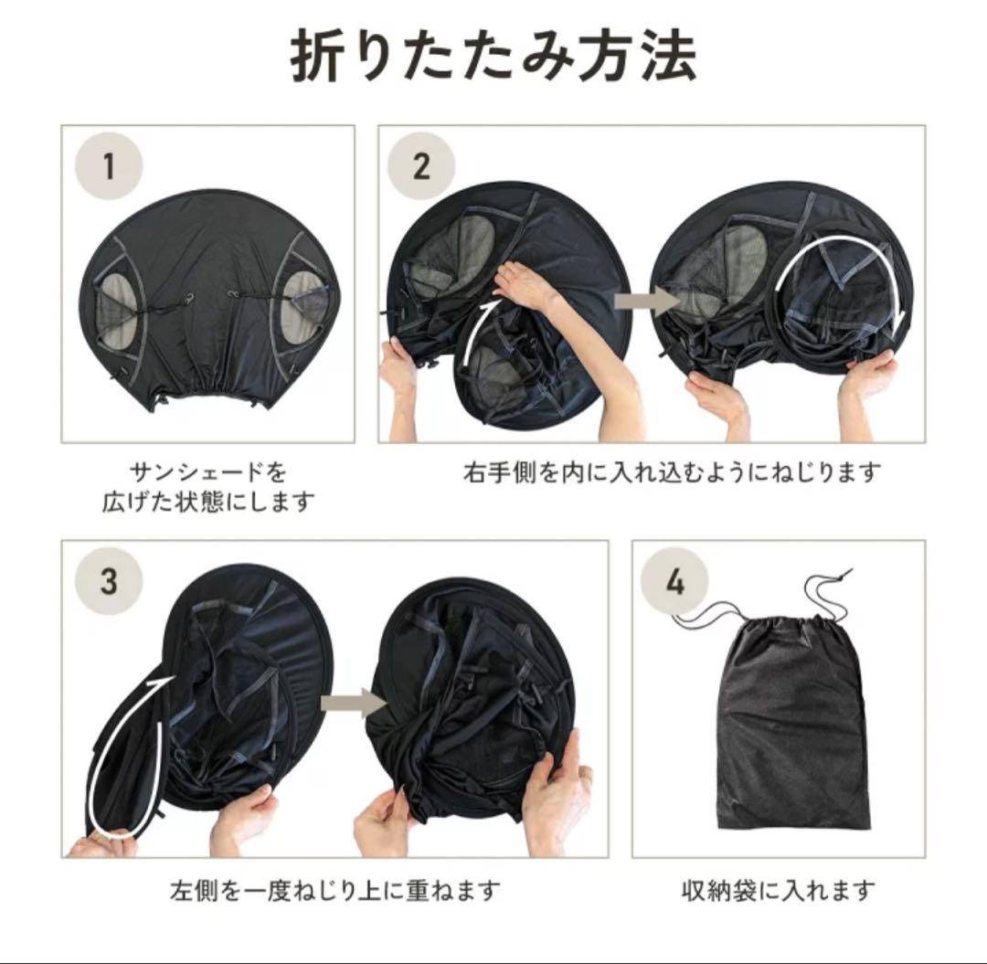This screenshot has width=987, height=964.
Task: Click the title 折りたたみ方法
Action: pyautogui.click(x=493, y=58)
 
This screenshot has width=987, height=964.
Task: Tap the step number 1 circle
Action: pyautogui.click(x=109, y=166)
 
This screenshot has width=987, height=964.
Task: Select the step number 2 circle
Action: pyautogui.click(x=421, y=166)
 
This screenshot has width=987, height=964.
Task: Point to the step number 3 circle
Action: pyautogui.click(x=109, y=581)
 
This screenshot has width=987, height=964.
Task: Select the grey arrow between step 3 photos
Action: pyautogui.click(x=353, y=703)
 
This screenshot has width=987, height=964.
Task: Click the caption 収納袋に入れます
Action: pyautogui.click(x=779, y=891)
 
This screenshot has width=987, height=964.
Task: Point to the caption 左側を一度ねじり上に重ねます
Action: pyautogui.click(x=334, y=891)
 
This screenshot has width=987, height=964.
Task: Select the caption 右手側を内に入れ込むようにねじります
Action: pyautogui.click(x=672, y=471)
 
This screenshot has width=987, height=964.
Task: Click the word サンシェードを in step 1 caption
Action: pyautogui.click(x=208, y=471)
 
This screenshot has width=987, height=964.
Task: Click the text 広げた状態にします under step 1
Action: pyautogui.click(x=208, y=503)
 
